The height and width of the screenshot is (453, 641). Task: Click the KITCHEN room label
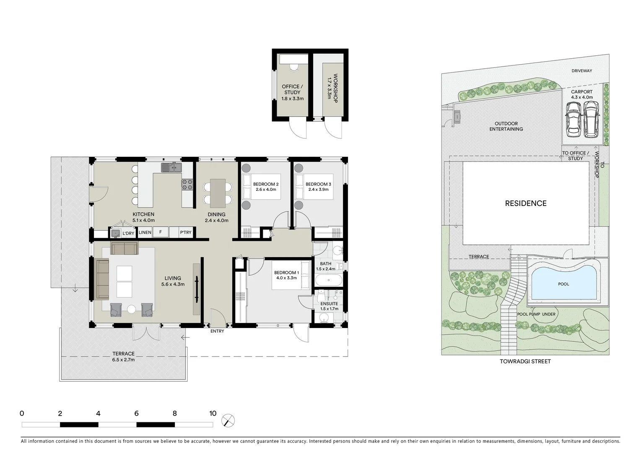[x=143, y=214]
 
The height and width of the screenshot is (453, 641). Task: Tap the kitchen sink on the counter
[x=171, y=168]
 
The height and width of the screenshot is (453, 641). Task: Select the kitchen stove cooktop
[x=187, y=184]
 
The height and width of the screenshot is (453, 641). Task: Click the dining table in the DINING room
[x=217, y=193]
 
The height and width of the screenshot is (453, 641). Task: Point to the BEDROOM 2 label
[x=266, y=184]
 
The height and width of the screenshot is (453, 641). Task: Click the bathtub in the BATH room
[x=328, y=280]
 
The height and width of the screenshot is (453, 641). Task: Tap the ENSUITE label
[x=329, y=304]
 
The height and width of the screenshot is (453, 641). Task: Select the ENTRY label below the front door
[x=217, y=331]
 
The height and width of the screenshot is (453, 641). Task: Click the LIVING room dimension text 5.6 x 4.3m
[x=173, y=284]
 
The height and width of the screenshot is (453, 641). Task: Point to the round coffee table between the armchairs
[x=132, y=310]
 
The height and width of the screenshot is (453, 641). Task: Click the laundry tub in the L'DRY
[x=116, y=233]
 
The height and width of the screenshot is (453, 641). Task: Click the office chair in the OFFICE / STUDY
[x=293, y=66]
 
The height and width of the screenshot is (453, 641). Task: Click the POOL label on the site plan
[x=563, y=284]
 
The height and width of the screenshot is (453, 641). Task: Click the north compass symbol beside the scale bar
[x=228, y=420]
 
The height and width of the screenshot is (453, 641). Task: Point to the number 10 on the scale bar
[x=213, y=414]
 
